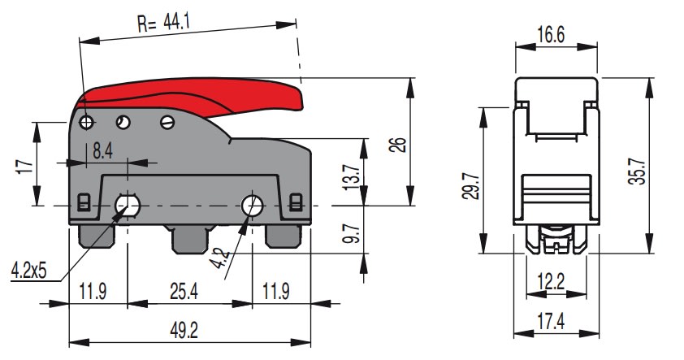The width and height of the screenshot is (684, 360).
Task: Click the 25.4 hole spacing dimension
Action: point(189,290)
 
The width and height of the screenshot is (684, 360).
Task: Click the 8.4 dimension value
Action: point(102,150)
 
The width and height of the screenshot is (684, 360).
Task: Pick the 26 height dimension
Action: point(396,145)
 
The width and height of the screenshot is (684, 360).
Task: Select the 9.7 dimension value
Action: point(352,232)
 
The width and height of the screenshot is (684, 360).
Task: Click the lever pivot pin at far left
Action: point(87,122)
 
